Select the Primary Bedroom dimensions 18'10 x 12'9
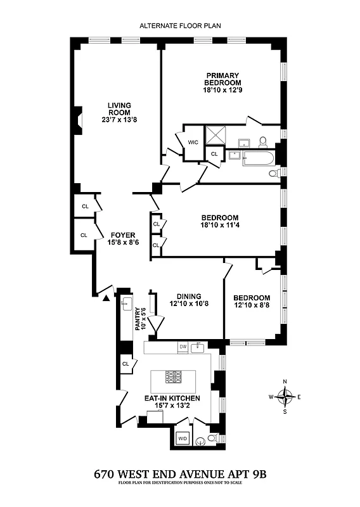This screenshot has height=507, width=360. click(222, 90)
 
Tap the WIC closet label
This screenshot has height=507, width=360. click(193, 142)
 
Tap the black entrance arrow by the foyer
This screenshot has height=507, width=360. click(106, 295)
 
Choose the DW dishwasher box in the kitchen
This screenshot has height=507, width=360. click(183, 347)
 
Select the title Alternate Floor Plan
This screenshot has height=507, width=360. click(180, 26)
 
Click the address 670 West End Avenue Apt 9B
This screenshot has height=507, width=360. click(180, 473)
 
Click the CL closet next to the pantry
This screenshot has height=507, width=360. click(125, 364)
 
